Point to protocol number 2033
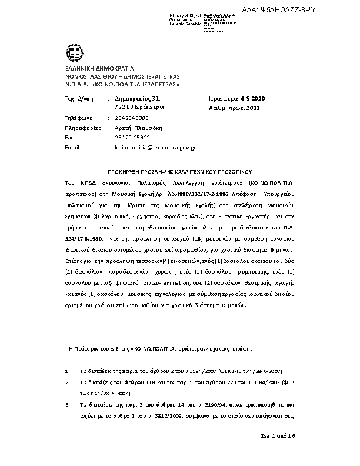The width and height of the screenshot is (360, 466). pyautogui.click(x=252, y=108)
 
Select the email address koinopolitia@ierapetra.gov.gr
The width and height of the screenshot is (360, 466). pyautogui.click(x=155, y=147)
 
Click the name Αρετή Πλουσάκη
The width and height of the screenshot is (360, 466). pyautogui.click(x=138, y=128)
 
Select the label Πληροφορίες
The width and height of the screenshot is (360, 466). pyautogui.click(x=81, y=128)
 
